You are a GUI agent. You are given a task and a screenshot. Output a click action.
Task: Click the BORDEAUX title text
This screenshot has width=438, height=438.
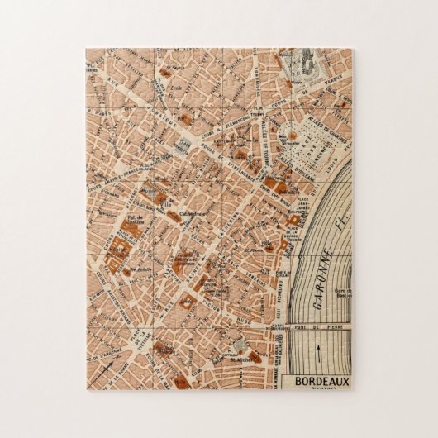point(318,381)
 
